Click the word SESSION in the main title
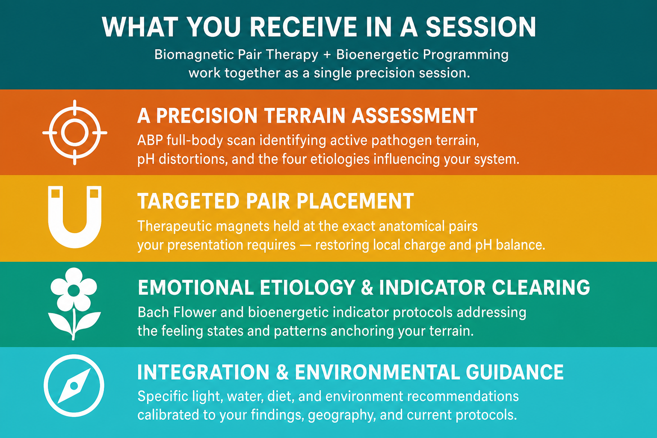tap(481, 27)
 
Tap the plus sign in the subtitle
tap(327, 55)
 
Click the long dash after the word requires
tap(305, 245)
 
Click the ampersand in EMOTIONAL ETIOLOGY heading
tap(367, 287)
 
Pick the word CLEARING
tap(541, 287)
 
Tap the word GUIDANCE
tap(515, 373)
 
